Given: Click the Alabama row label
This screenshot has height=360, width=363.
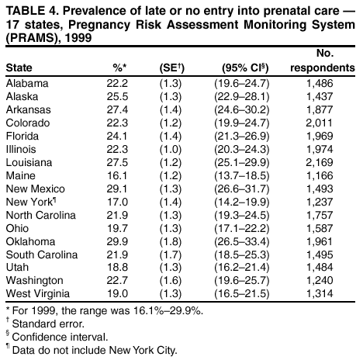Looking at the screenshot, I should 27,83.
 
